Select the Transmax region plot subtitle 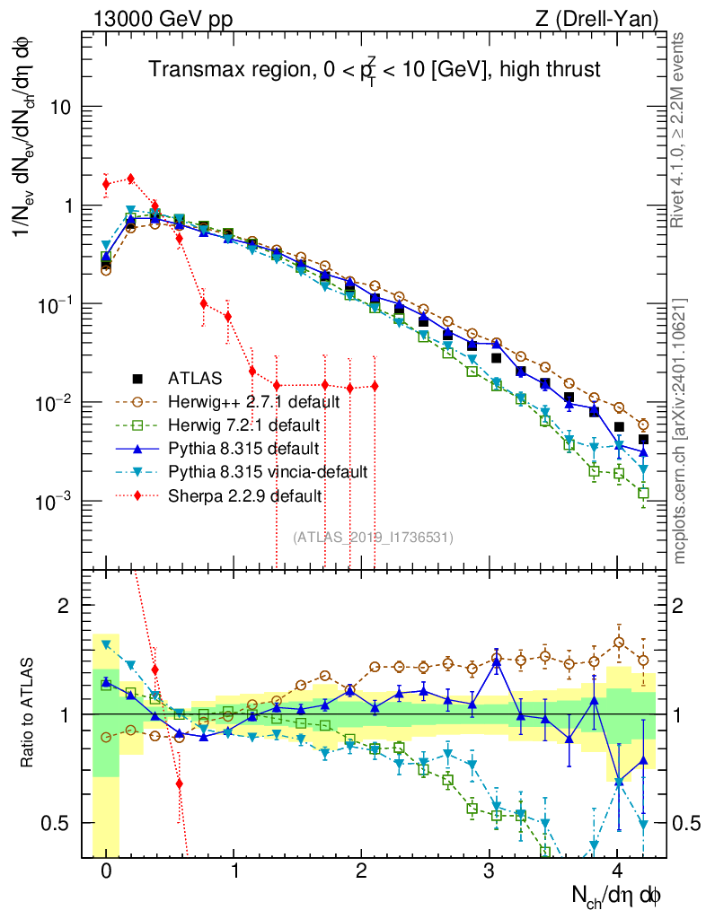pos(374,69)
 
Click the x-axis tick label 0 pos(106,871)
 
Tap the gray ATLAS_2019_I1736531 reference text pos(373,538)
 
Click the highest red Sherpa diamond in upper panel pos(131,179)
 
